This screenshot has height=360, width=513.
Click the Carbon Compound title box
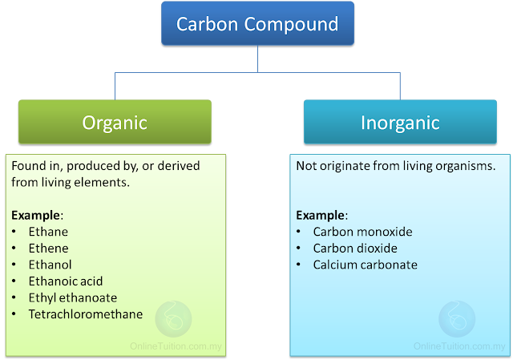[x=257, y=23]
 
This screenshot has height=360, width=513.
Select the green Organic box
[x=115, y=122]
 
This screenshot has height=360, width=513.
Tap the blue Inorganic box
[x=400, y=122]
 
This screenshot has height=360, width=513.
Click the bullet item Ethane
[x=48, y=232]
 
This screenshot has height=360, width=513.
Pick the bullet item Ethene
[x=48, y=249]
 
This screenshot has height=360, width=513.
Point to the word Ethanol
[x=50, y=265]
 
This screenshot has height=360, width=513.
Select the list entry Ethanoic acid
[x=66, y=281]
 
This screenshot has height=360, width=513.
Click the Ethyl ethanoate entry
[x=72, y=297]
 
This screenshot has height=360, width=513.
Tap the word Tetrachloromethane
[x=86, y=314]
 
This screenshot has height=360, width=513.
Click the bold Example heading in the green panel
[x=36, y=215]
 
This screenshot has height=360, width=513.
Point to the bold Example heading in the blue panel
[x=321, y=215]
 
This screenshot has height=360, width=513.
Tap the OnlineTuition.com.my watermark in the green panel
[x=176, y=346]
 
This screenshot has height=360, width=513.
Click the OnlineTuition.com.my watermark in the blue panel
[x=459, y=346]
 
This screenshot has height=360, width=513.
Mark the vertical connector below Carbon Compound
[x=257, y=59]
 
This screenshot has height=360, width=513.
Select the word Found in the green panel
[x=27, y=166]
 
